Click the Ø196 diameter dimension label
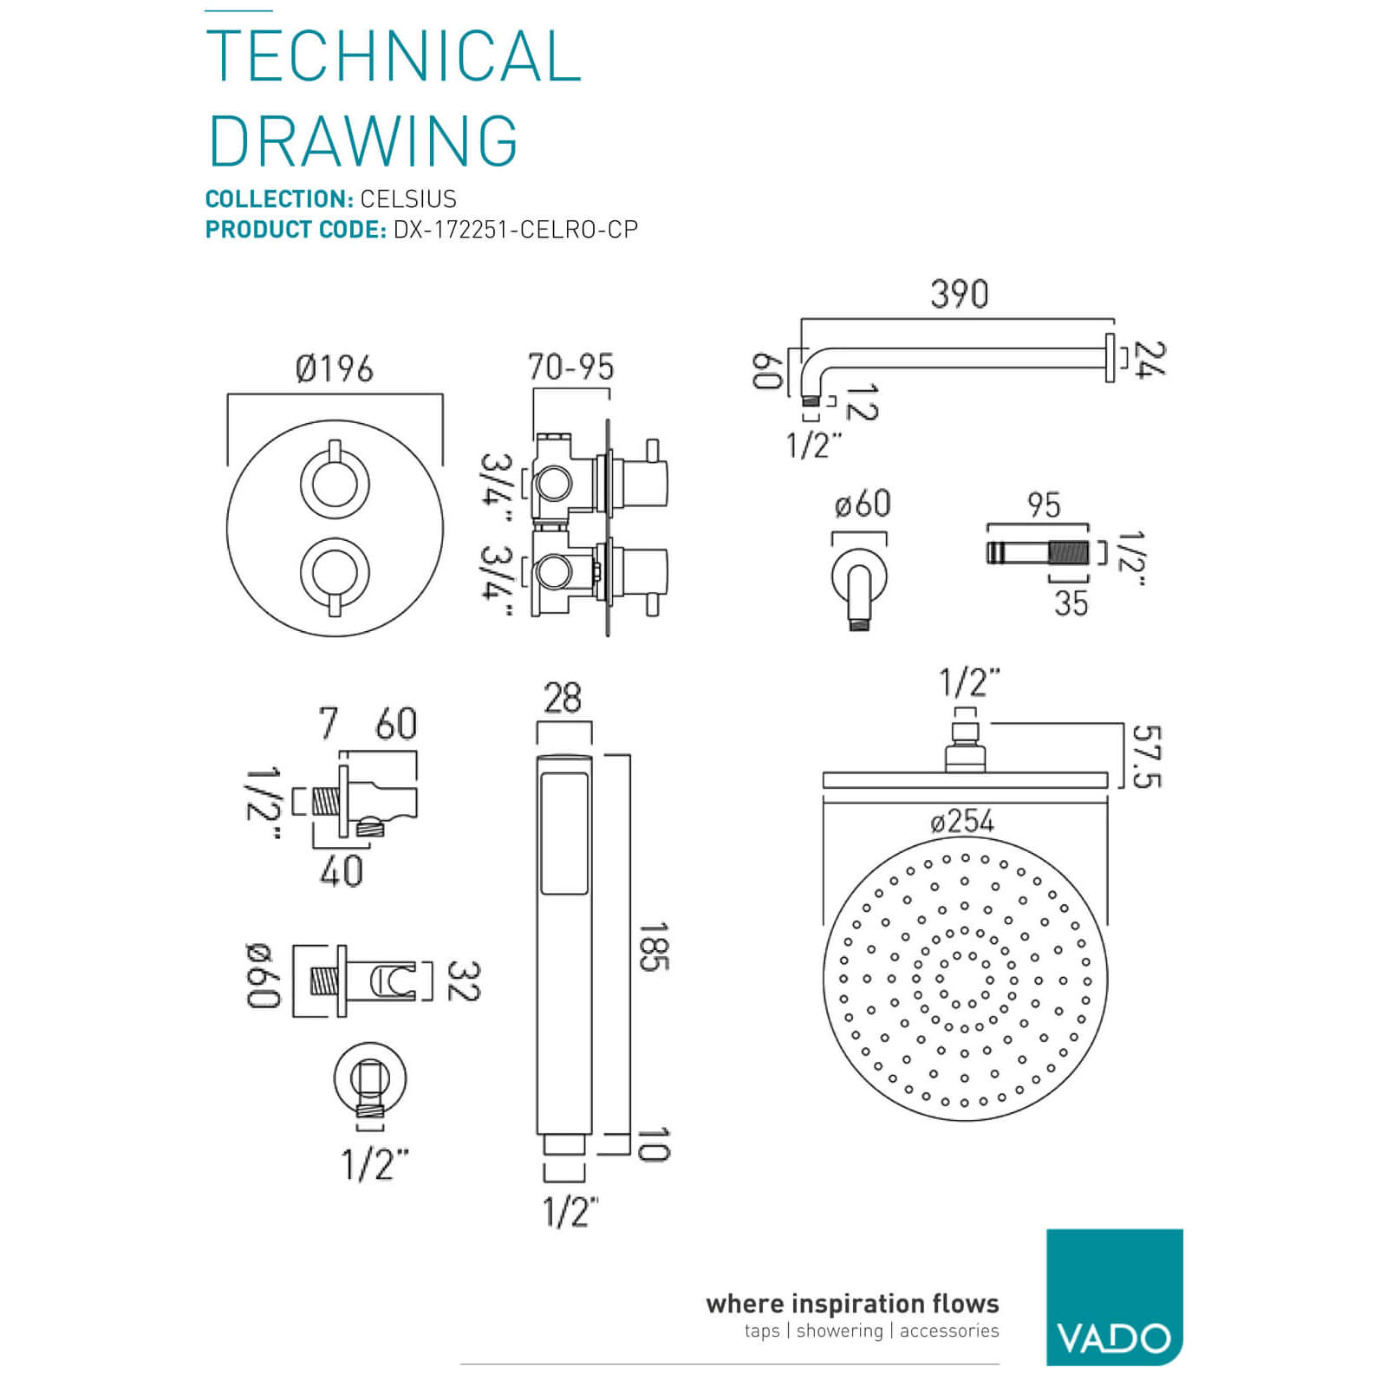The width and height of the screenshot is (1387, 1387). pyautogui.click(x=335, y=369)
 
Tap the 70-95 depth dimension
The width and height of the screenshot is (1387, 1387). pyautogui.click(x=570, y=368)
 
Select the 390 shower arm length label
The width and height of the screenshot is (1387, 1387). pyautogui.click(x=959, y=295)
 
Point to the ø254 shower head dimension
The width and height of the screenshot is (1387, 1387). pyautogui.click(x=962, y=821)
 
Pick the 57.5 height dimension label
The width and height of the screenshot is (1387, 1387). pyautogui.click(x=1146, y=757)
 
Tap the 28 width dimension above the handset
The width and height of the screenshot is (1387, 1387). pyautogui.click(x=563, y=698)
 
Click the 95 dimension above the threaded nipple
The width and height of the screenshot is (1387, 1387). pyautogui.click(x=1044, y=505)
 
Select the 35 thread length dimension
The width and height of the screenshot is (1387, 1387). pyautogui.click(x=1071, y=602)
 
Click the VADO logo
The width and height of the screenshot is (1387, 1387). pyautogui.click(x=1114, y=1297)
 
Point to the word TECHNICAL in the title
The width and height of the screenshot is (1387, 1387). pyautogui.click(x=393, y=56)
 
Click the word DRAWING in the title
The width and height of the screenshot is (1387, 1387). pyautogui.click(x=363, y=140)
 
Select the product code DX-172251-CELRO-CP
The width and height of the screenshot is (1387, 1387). pyautogui.click(x=516, y=230)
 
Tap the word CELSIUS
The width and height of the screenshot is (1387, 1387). pyautogui.click(x=408, y=199)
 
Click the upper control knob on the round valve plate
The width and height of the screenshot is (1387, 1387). pyautogui.click(x=335, y=482)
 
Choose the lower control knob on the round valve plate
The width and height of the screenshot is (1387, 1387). pyautogui.click(x=335, y=572)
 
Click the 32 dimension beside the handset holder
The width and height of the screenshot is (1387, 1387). pyautogui.click(x=463, y=981)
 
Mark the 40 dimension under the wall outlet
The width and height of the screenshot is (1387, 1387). pyautogui.click(x=341, y=870)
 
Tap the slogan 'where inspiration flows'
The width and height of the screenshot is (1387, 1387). pyautogui.click(x=852, y=1304)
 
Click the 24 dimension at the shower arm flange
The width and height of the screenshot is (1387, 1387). pyautogui.click(x=1149, y=358)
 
